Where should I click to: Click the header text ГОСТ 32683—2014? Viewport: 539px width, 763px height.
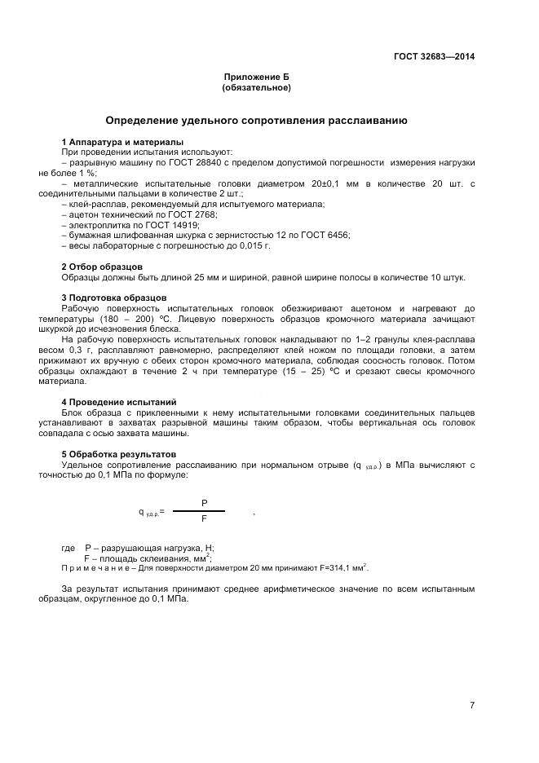(x=435, y=57)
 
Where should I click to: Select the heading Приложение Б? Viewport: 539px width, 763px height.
(x=256, y=77)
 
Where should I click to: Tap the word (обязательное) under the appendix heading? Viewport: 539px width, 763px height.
(x=256, y=87)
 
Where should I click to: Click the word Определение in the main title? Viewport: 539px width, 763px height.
(x=146, y=121)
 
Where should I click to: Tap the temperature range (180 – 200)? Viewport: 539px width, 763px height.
(x=124, y=319)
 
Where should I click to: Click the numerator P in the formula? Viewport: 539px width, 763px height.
(x=204, y=503)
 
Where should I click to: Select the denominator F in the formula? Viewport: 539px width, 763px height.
(x=204, y=518)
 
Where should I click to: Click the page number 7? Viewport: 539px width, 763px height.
(x=472, y=705)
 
